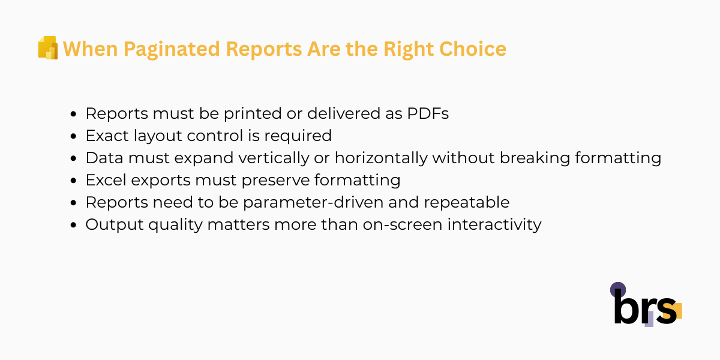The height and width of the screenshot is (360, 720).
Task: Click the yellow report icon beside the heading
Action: (x=47, y=48)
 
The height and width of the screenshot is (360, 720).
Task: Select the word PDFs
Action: (x=426, y=113)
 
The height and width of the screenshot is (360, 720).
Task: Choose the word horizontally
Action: (x=379, y=158)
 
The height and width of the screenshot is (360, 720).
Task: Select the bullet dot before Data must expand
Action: (x=74, y=158)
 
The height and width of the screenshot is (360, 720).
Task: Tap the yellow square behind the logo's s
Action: (x=676, y=311)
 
